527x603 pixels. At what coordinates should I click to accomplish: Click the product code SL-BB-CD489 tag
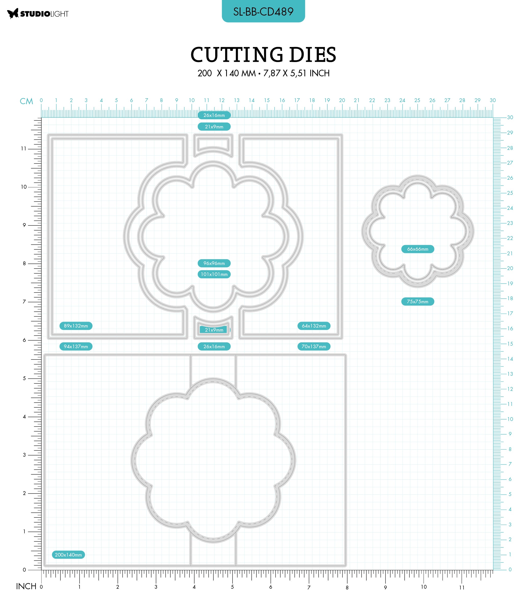[x=263, y=11]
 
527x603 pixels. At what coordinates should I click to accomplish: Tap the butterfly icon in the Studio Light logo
[x=13, y=14]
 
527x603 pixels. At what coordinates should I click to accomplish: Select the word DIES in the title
[x=313, y=55]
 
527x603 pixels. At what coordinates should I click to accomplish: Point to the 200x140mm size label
[x=69, y=555]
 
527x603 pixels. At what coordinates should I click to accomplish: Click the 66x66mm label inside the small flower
[x=418, y=249]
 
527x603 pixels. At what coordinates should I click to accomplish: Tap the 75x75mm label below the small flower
[x=418, y=301]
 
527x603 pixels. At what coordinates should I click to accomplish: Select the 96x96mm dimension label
[x=214, y=263]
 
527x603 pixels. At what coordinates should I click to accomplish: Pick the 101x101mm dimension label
[x=214, y=274]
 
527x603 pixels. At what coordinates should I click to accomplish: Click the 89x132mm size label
[x=76, y=326]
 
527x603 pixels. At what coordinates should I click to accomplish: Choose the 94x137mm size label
[x=76, y=346]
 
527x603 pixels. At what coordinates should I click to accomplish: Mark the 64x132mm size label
[x=314, y=326]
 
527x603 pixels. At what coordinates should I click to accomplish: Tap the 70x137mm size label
[x=314, y=346]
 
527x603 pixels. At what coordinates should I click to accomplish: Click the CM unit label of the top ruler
[x=27, y=101]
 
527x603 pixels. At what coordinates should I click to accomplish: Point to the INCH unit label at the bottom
[x=26, y=586]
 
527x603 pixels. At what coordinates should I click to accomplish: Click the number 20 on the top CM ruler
[x=342, y=100]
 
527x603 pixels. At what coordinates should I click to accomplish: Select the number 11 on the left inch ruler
[x=23, y=149]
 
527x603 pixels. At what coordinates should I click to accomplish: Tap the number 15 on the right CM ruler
[x=510, y=344]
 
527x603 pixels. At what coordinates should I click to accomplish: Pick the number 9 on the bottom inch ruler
[x=385, y=587]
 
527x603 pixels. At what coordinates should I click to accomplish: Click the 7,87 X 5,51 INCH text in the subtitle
[x=297, y=73]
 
